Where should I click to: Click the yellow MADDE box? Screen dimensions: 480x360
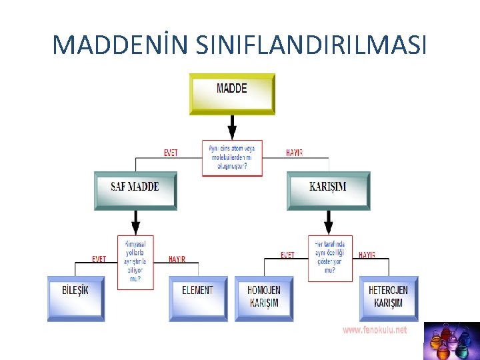click(232, 93)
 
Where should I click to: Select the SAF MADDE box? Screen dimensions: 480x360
click(135, 190)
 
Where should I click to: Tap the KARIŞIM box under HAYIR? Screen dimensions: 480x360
click(328, 190)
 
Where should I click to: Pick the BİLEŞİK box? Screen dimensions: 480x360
click(75, 298)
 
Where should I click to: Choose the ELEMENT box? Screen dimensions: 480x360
click(197, 298)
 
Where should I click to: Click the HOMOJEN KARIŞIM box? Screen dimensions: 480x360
click(264, 298)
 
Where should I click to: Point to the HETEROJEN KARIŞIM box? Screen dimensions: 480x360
click(388, 298)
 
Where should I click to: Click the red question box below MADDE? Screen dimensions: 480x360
click(232, 157)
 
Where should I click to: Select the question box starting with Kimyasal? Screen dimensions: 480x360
click(135, 262)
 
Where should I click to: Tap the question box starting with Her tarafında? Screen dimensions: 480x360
click(330, 258)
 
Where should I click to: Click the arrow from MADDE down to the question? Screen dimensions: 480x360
click(232, 127)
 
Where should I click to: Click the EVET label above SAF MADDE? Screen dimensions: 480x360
click(171, 153)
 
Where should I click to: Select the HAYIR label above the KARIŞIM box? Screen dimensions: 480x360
click(294, 153)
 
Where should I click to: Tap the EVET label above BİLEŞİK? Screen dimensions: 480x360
click(99, 259)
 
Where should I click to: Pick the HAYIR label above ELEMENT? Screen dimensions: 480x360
click(177, 259)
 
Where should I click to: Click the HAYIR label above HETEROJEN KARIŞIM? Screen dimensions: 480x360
click(367, 255)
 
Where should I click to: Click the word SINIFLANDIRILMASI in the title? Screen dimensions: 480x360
click(312, 45)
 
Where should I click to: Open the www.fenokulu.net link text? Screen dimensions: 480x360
click(375, 330)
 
